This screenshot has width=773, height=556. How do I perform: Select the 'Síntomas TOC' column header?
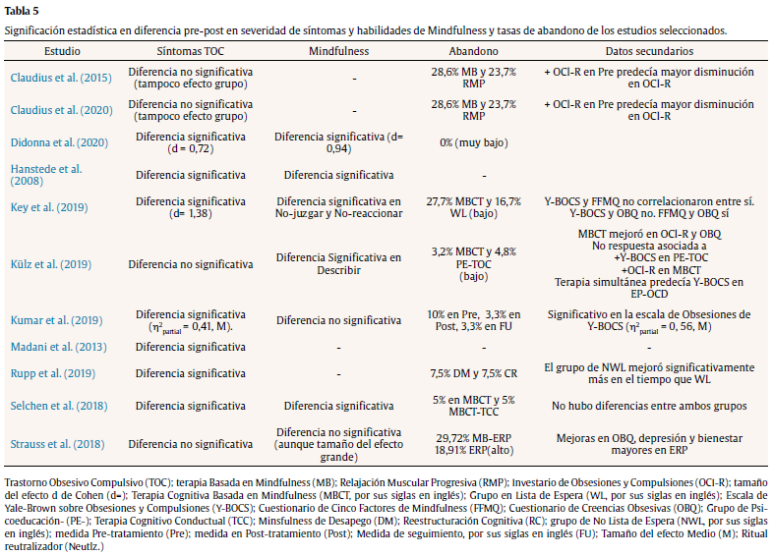coord(194,49)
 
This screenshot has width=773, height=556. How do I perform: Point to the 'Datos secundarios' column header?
coord(650,49)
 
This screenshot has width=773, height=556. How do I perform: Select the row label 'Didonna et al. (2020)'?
coord(61,142)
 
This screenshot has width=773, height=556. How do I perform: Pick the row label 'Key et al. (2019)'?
coord(50,207)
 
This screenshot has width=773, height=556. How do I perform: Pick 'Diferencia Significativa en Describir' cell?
coord(339,264)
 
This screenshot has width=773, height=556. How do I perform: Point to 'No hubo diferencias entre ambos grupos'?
coord(649,405)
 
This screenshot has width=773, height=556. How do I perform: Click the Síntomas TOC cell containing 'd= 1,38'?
coord(194,207)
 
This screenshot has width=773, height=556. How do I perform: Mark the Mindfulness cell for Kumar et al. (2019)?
coord(339,320)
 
